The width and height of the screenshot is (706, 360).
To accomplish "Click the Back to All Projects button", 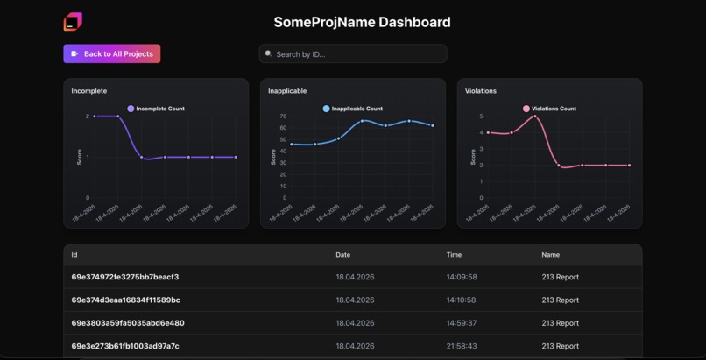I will [111, 54].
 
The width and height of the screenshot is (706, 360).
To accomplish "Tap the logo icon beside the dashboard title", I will [73, 22].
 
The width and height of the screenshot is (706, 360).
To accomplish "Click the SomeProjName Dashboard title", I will [362, 22].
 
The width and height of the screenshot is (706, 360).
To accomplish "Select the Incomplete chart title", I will [89, 91].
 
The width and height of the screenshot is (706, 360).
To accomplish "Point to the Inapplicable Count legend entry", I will [352, 109].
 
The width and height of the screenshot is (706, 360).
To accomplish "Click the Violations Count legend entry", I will [549, 109].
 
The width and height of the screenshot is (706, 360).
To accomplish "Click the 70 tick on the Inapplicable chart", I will [283, 116].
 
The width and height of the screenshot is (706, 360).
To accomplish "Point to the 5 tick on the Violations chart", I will [481, 116].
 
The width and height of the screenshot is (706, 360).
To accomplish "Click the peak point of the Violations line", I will [534, 116].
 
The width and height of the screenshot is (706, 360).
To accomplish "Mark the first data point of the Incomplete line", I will [95, 116].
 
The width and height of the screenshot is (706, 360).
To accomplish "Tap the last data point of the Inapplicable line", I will [433, 125].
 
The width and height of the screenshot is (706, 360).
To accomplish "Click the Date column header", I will [342, 255].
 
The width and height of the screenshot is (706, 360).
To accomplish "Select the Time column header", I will [454, 255].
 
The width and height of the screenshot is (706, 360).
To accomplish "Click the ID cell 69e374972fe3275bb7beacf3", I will [125, 277].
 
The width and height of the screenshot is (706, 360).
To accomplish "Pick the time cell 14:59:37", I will [462, 323].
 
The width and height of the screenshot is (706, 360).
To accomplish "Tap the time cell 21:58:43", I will [462, 346].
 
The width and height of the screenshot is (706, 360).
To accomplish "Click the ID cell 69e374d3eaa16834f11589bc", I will [126, 300].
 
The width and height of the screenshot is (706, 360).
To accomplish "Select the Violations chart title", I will [481, 91].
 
